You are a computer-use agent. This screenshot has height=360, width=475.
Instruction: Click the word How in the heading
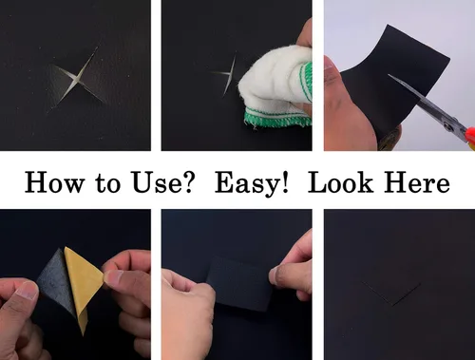point(55,182)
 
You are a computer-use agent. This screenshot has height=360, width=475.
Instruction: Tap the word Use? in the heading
point(162,182)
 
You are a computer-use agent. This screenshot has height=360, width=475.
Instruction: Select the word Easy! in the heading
point(252,183)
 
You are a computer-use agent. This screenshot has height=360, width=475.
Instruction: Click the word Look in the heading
point(340,182)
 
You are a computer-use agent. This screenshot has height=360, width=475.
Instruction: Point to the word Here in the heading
point(417,182)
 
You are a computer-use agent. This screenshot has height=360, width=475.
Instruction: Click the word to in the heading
point(107,183)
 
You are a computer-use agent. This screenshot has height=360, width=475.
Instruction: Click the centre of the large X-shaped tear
point(77,78)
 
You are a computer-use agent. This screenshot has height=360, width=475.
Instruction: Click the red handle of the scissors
point(470,136)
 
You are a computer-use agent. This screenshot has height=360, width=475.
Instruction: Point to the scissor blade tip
point(389,75)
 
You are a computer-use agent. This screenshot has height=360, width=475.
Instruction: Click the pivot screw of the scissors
point(447,126)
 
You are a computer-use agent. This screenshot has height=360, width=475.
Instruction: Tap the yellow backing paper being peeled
point(83,285)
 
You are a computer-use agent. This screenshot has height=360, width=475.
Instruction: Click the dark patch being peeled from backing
point(57,285)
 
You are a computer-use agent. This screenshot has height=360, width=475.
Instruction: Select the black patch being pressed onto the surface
point(239,283)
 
